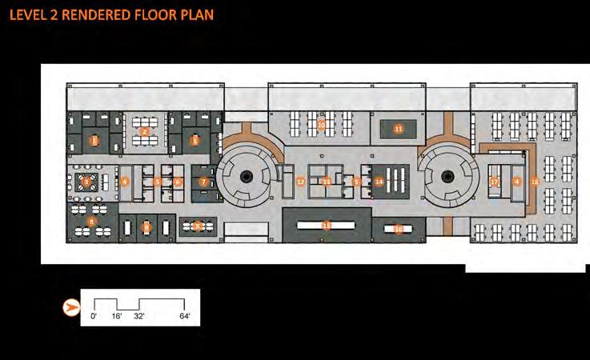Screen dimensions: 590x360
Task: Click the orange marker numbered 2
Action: (145, 131)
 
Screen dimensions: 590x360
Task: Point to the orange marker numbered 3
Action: (86, 182)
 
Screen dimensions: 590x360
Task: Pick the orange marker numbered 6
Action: (178, 182)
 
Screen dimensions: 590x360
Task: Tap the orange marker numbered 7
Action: (203, 182)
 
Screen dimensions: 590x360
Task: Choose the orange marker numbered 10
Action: (321, 126)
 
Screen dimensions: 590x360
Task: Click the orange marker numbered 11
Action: (398, 128)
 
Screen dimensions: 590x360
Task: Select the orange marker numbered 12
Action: (300, 182)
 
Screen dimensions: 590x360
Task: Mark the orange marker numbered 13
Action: (327, 182)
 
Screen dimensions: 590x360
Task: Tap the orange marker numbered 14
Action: (379, 182)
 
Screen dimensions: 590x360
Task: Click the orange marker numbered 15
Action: (326, 226)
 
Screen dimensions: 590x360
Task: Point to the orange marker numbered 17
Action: (495, 182)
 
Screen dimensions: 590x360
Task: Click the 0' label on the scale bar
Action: (94, 317)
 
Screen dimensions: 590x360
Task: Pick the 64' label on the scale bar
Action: (185, 317)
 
